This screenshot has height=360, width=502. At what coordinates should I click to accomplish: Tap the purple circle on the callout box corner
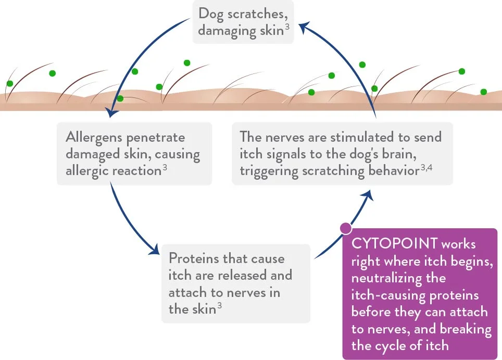[345, 228]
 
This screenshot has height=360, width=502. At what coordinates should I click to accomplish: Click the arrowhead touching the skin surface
[110, 111]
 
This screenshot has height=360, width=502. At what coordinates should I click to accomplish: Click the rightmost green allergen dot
[483, 92]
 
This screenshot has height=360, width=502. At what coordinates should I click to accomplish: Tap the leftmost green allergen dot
[9, 83]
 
